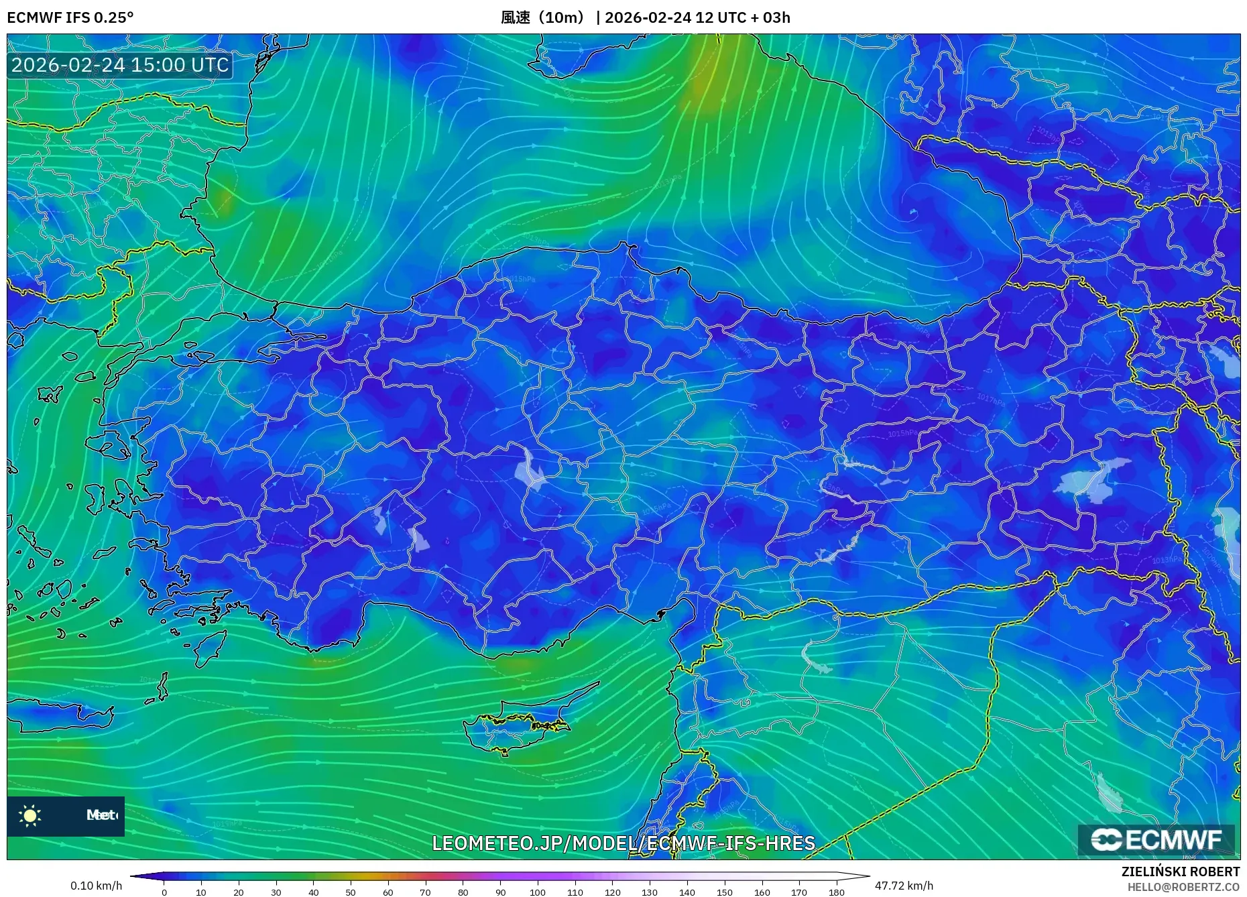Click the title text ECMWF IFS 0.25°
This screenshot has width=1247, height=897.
point(70,17)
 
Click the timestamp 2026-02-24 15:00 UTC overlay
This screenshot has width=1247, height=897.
point(120,65)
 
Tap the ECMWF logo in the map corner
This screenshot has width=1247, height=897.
point(1156,840)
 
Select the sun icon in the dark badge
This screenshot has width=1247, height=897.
point(30,815)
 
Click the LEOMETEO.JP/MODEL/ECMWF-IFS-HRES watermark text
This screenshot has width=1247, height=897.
point(623,843)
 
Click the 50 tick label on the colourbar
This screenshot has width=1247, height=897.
point(351,892)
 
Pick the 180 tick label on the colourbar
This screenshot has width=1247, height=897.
point(836,892)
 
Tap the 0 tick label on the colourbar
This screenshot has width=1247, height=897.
point(164,892)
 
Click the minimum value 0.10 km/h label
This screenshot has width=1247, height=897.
point(96,886)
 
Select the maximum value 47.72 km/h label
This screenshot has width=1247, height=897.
point(904,886)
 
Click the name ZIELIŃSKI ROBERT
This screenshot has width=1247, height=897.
point(1180,872)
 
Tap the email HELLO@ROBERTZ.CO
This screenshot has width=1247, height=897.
point(1183,887)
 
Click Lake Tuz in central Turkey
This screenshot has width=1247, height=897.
point(530,469)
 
